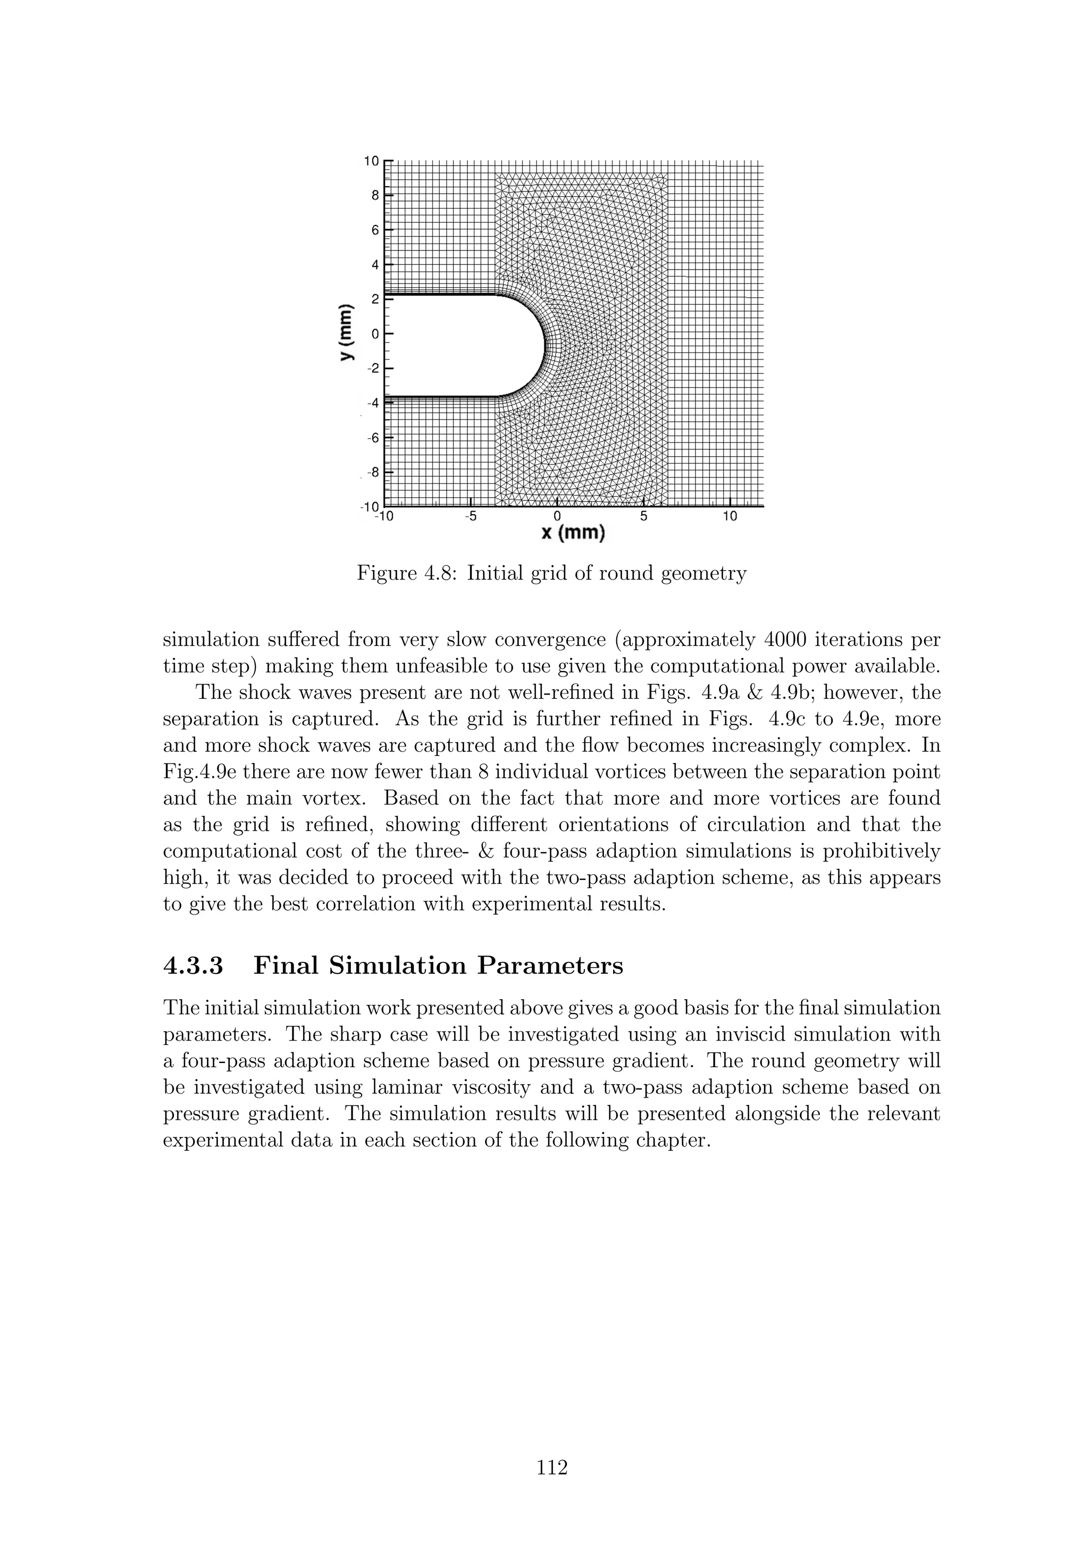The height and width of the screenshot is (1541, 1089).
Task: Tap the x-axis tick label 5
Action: tap(643, 517)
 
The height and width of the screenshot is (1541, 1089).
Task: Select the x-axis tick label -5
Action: tap(471, 517)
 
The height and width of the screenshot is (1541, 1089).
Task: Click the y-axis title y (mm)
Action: tap(346, 333)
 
